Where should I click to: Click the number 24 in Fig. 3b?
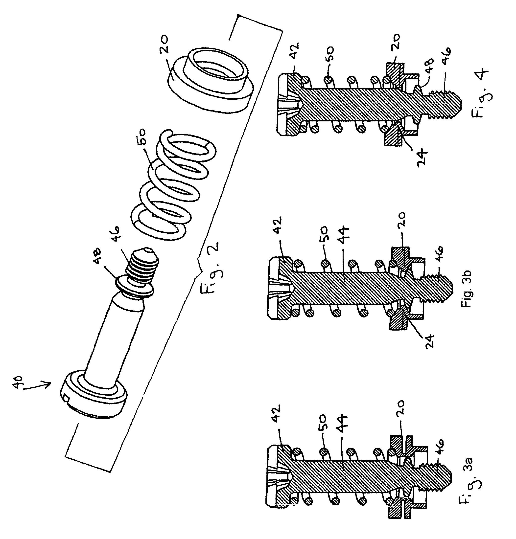[428, 342]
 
